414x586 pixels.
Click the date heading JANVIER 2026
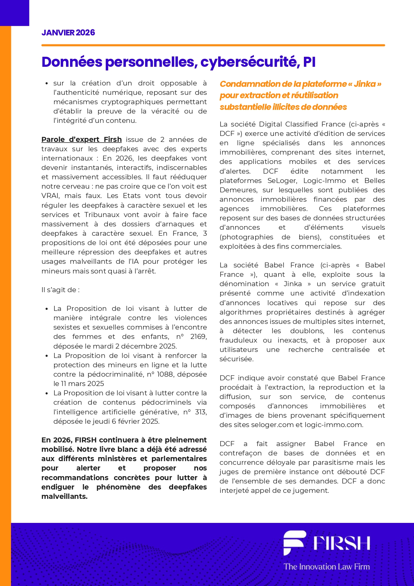tap(68, 33)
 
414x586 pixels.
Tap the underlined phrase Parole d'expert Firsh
tap(81, 140)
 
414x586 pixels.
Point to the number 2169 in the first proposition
tap(198, 337)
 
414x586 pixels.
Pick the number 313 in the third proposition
tap(200, 412)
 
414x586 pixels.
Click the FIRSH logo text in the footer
tap(342, 543)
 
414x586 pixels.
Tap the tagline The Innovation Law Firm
tap(327, 567)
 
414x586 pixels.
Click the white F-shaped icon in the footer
tap(294, 542)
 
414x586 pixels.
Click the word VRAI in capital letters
tap(50, 196)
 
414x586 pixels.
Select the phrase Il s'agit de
tap(60, 290)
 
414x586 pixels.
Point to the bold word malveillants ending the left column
tap(64, 497)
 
